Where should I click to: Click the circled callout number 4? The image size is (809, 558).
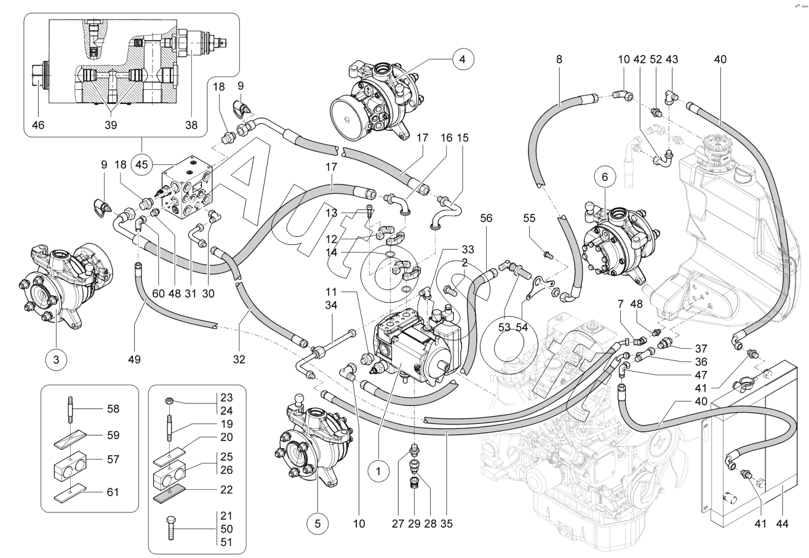(462, 60)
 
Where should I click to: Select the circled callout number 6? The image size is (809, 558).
(605, 177)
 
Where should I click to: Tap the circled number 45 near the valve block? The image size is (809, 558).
(142, 165)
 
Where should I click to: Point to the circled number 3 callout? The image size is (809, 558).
(56, 359)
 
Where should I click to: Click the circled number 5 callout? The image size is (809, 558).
(317, 524)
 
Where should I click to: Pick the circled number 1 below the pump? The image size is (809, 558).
(379, 472)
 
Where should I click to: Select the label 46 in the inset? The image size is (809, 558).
(38, 124)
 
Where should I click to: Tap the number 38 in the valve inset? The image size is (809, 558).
(192, 124)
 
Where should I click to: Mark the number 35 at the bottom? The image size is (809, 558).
(447, 524)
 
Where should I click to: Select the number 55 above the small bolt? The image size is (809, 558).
(530, 218)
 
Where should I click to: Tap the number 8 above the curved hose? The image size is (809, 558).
(559, 60)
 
